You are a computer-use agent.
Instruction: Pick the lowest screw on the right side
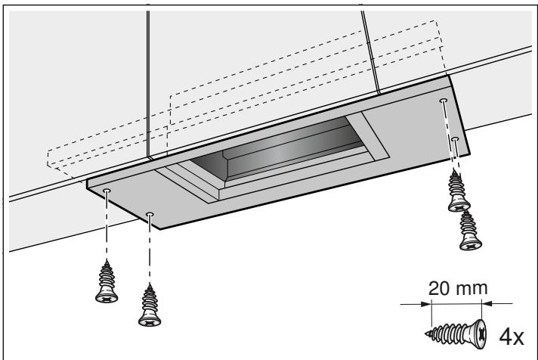tap(468, 230)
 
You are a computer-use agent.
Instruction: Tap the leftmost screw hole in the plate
tap(107, 192)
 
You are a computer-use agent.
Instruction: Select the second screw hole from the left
tap(150, 215)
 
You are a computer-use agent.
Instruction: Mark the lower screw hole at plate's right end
tap(455, 139)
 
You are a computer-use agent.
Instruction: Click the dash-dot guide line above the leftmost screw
tap(107, 227)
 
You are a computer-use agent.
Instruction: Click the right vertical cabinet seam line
tap(370, 53)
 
